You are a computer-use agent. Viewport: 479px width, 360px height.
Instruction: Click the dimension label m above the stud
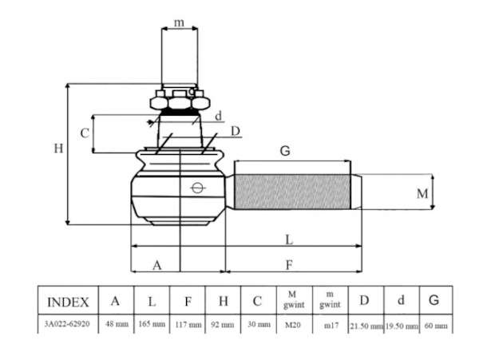click(179, 22)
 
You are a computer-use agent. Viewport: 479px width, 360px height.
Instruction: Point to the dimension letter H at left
click(58, 148)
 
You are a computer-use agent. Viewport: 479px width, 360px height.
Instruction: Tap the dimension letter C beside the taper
click(85, 133)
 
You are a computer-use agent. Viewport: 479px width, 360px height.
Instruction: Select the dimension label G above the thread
click(285, 151)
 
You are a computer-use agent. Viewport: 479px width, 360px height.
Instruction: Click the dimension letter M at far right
click(422, 194)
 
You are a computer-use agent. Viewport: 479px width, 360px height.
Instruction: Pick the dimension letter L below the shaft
click(289, 239)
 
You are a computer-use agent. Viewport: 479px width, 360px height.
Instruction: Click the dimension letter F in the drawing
click(289, 265)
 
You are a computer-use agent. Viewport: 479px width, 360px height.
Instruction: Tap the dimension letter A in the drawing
click(157, 265)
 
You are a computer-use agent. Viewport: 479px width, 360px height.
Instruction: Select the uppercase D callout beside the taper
click(236, 131)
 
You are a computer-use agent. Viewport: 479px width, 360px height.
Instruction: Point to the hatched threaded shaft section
click(292, 192)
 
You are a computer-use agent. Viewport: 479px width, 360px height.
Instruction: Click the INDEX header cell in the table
click(68, 303)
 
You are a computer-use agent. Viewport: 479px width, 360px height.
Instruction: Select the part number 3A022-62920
click(67, 323)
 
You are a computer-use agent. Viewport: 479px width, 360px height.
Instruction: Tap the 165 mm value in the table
click(152, 323)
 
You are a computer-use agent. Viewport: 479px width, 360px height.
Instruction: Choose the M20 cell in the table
click(293, 325)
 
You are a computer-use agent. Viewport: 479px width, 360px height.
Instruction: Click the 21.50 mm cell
click(366, 326)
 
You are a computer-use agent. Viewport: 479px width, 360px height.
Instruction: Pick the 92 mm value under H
click(223, 324)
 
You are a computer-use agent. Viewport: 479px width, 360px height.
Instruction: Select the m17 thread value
click(331, 326)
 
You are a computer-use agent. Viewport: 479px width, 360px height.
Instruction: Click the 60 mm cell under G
click(436, 326)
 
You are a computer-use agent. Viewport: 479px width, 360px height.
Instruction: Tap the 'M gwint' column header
click(294, 299)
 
